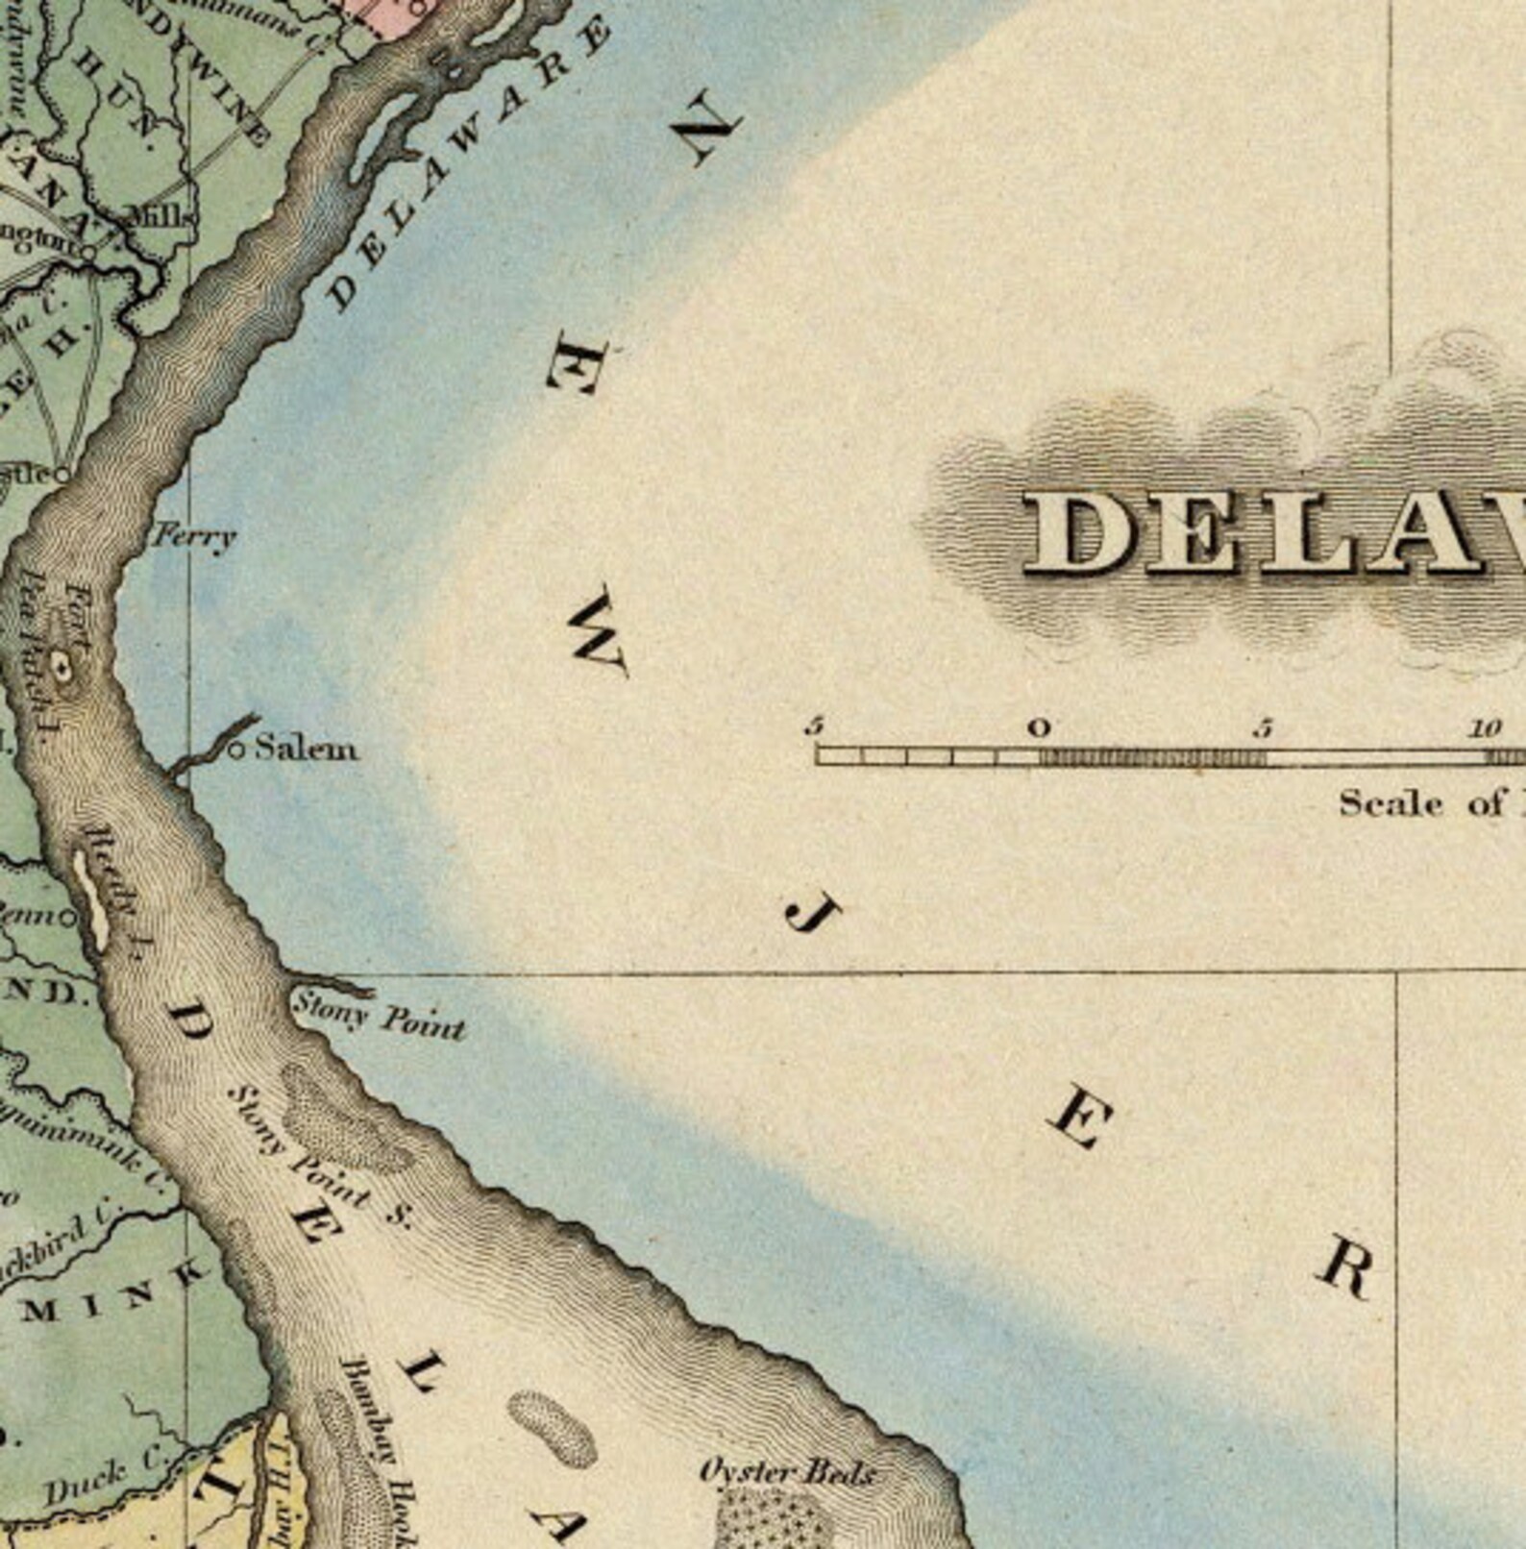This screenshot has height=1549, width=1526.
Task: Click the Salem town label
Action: (x=306, y=748)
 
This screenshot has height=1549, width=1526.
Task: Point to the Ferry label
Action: (x=196, y=535)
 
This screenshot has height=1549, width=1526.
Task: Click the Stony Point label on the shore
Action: (x=379, y=1015)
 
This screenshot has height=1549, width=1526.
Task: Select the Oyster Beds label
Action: (x=787, y=1472)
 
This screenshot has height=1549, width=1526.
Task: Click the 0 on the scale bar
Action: (x=1039, y=727)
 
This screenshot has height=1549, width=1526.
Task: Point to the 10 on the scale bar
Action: (x=1485, y=728)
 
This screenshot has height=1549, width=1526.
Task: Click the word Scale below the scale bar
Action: (x=1391, y=802)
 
